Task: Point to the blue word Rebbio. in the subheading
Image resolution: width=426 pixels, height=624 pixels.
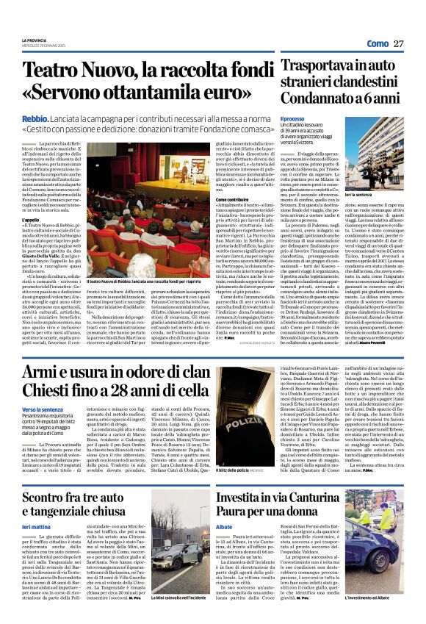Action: (x=35, y=118)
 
